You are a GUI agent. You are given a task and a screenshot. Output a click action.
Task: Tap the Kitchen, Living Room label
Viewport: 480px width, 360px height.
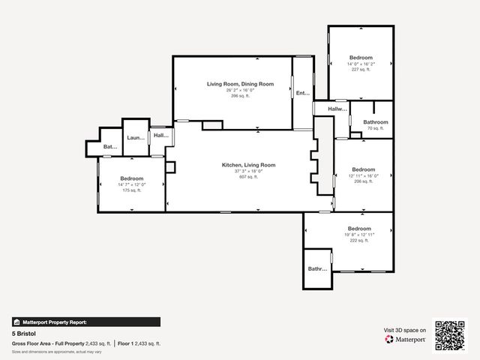pyautogui.click(x=248, y=165)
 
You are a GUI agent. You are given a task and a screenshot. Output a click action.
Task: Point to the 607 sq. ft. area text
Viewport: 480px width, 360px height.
pyautogui.click(x=248, y=177)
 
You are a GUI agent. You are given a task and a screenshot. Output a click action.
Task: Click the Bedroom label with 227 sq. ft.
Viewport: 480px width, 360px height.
pyautogui.click(x=360, y=58)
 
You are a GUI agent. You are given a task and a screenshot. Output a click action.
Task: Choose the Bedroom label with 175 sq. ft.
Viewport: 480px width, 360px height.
pyautogui.click(x=132, y=178)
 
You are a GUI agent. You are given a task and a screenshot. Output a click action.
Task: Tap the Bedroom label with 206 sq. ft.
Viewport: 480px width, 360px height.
pyautogui.click(x=363, y=169)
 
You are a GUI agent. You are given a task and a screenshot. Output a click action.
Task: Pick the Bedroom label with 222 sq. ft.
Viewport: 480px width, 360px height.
pyautogui.click(x=358, y=228)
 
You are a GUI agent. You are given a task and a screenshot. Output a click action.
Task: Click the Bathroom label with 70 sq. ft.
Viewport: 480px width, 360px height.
pyautogui.click(x=376, y=122)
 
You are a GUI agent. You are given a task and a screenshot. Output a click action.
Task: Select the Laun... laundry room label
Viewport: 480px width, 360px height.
pyautogui.click(x=136, y=138)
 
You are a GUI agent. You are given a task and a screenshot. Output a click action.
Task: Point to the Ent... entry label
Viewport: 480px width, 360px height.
pyautogui.click(x=303, y=94)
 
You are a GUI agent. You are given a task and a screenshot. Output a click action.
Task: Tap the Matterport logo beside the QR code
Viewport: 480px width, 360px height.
pyautogui.click(x=406, y=339)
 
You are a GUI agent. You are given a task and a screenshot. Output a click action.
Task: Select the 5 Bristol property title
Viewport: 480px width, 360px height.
pyautogui.click(x=24, y=332)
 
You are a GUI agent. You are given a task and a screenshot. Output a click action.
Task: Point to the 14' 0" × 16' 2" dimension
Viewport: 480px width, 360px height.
pyautogui.click(x=360, y=64)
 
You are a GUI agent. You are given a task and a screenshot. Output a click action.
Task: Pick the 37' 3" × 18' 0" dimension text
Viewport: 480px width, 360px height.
pyautogui.click(x=248, y=171)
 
